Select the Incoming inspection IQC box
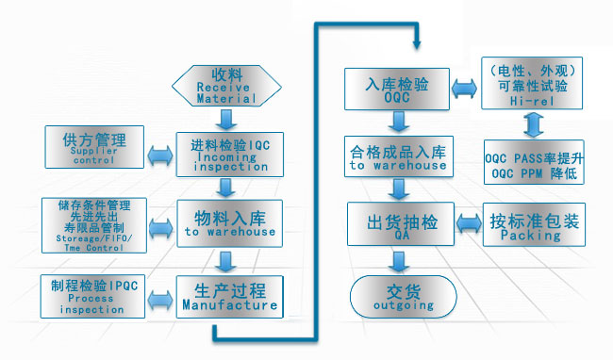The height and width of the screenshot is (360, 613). tap(228, 154)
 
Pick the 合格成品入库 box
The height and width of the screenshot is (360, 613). tap(397, 156)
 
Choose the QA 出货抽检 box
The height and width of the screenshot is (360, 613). tap(397, 223)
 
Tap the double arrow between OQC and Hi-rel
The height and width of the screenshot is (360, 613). tap(465, 88)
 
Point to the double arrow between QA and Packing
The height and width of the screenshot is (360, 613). tap(465, 225)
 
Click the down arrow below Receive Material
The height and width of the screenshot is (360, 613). tap(226, 118)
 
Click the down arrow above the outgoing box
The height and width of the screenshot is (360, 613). tap(396, 260)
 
